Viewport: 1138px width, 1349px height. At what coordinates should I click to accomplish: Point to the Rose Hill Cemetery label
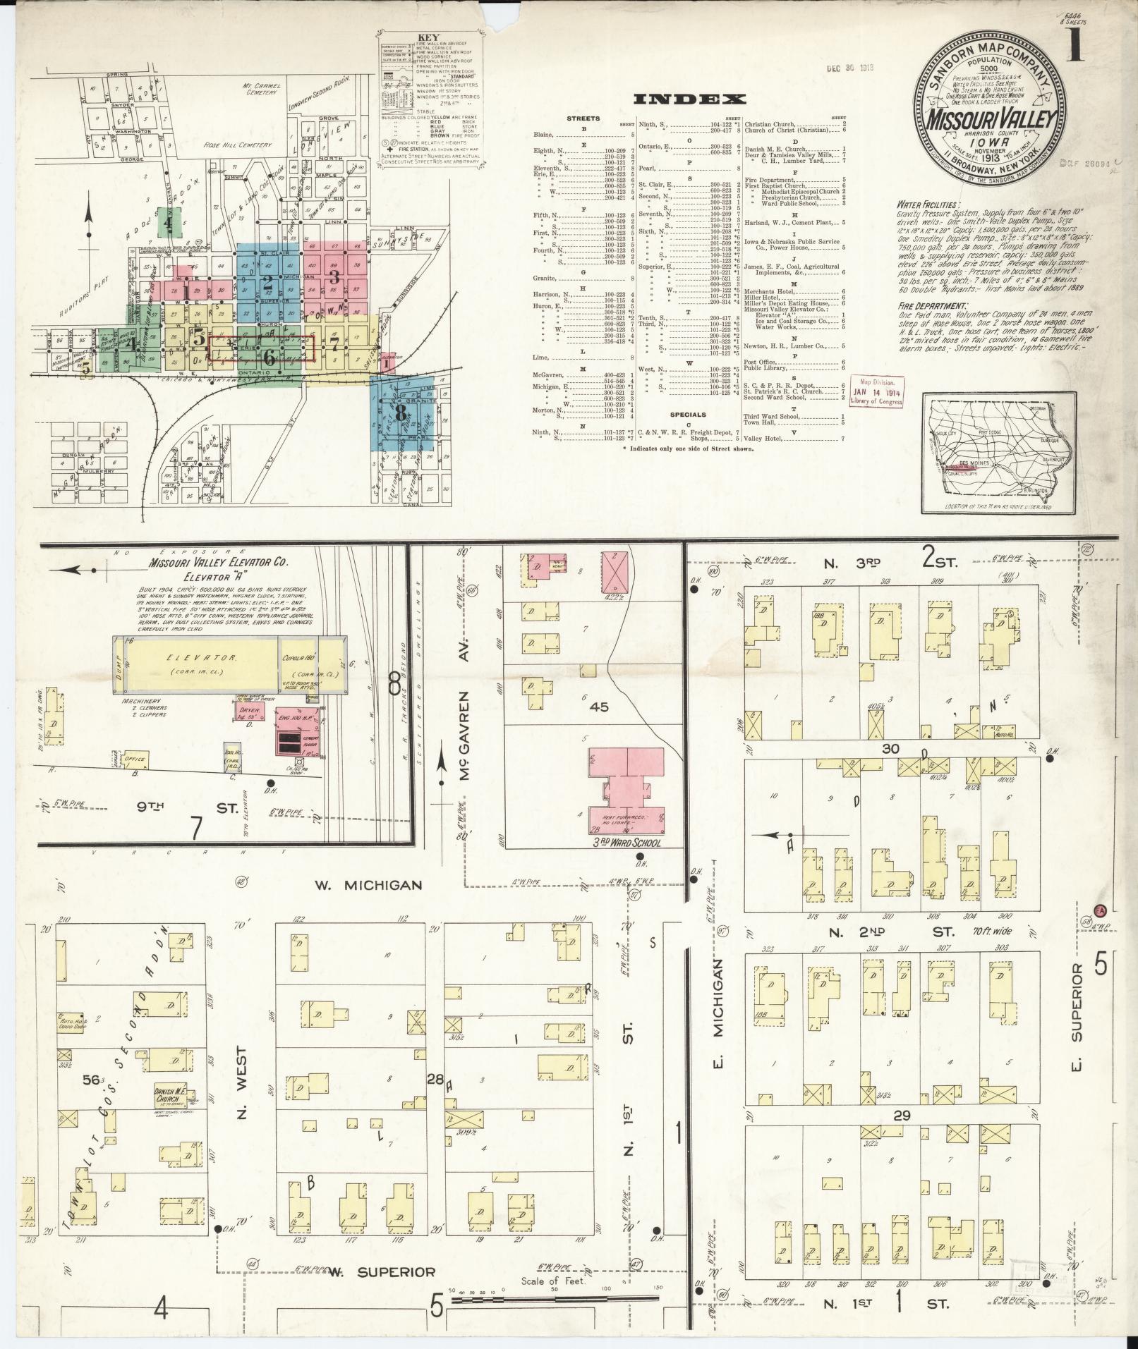point(237,145)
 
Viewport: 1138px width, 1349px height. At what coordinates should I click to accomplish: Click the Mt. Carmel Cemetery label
point(261,91)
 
